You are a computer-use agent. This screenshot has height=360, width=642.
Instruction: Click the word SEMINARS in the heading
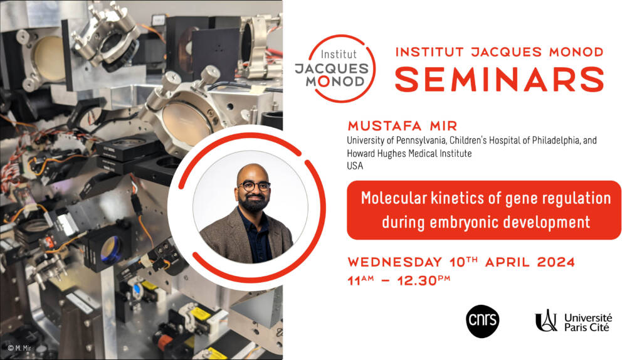coord(500,79)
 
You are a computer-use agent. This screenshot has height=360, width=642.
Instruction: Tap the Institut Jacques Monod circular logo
coord(335,68)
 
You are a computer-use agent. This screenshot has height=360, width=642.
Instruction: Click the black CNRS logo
coord(482,321)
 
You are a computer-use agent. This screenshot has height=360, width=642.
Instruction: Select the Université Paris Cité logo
coord(573,321)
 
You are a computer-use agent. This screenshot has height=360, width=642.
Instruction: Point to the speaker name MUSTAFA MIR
coord(403,125)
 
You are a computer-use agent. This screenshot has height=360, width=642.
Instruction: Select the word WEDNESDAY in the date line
coord(395,262)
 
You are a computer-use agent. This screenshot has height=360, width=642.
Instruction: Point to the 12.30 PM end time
coord(424,280)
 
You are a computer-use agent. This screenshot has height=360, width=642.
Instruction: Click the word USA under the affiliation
coord(355,166)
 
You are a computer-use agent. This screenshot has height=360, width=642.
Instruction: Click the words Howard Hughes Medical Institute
coord(409,154)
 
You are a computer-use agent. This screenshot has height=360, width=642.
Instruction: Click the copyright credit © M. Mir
coord(19,348)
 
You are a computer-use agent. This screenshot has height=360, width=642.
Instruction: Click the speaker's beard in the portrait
coord(254,201)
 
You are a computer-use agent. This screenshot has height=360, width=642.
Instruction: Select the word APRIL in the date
coord(507,262)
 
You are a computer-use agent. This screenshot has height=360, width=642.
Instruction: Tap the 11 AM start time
coord(360,280)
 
